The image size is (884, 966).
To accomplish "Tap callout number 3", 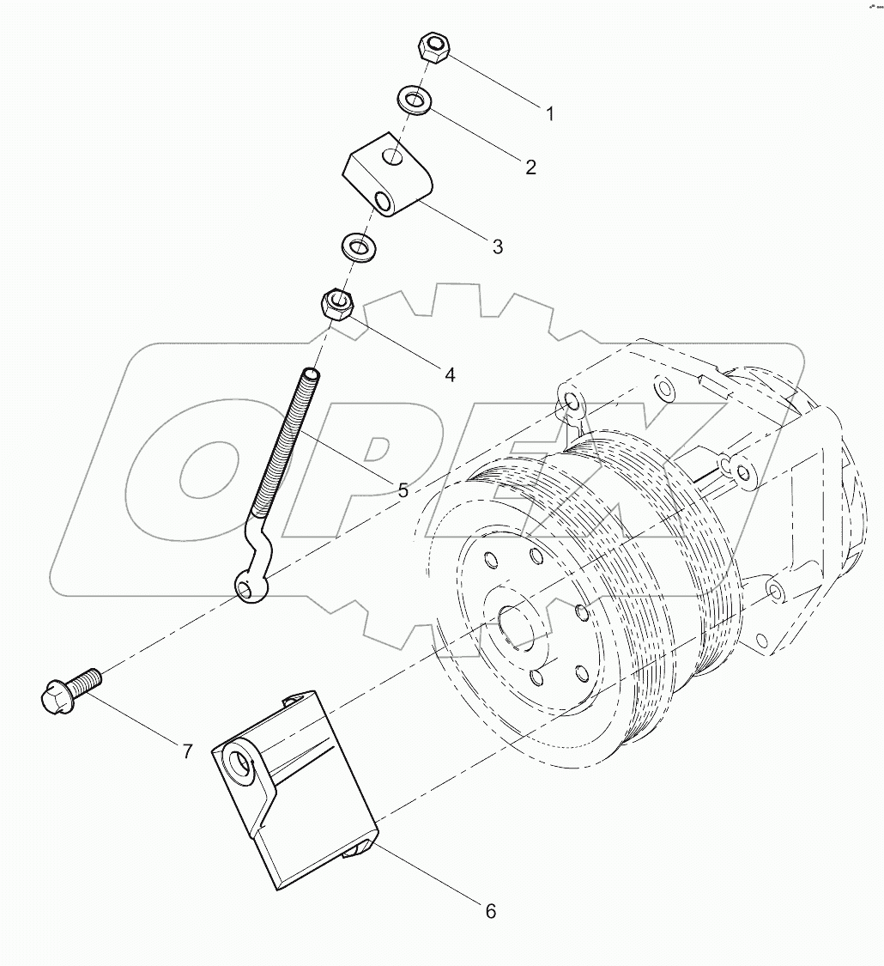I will click(x=497, y=246).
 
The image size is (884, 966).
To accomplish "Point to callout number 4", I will click(x=449, y=374).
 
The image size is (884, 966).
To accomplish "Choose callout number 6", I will click(x=490, y=911).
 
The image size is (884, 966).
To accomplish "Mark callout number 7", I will click(x=186, y=751).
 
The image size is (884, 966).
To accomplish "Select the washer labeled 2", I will click(x=414, y=100).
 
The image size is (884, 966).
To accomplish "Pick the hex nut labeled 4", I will click(x=338, y=305).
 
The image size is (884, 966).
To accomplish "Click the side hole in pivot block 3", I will click(x=383, y=201).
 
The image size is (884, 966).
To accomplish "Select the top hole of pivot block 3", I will click(x=391, y=157).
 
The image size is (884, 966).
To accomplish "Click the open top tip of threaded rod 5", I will click(x=310, y=372).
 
